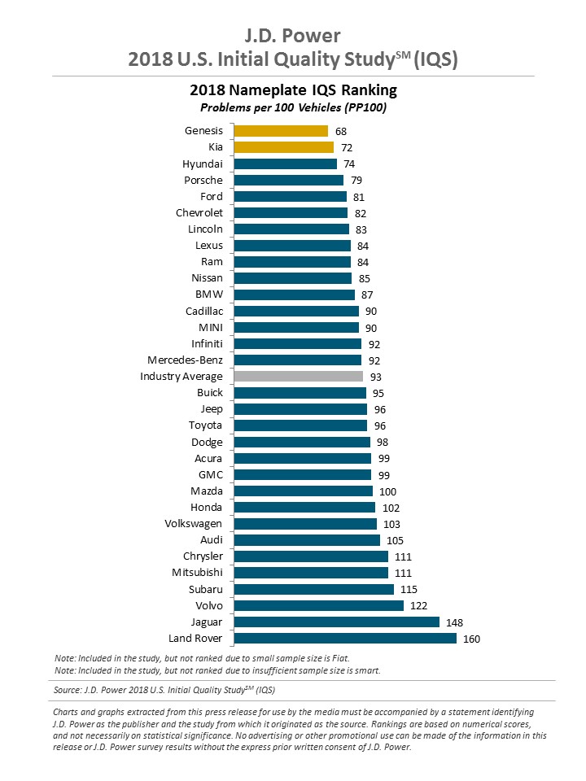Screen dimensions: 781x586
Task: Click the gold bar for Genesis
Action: point(281,131)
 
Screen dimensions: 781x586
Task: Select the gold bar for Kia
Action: point(284,147)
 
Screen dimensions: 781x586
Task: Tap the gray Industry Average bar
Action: point(299,377)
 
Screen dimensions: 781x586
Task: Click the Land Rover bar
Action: point(345,639)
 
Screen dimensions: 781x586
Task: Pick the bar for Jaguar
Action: point(336,622)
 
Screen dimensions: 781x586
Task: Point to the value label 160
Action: point(472,639)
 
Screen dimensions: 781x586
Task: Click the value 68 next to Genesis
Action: point(342,131)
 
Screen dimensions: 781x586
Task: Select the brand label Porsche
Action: point(203,180)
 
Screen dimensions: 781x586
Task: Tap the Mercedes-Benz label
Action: point(185,360)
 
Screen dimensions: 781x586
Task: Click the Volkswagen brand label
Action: point(193,524)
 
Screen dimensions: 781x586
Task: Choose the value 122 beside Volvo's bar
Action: point(419,606)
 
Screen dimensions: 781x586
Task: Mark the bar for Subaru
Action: point(314,590)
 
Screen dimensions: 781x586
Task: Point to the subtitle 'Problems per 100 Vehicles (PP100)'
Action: point(293,107)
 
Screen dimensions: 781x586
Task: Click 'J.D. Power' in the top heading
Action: point(293,36)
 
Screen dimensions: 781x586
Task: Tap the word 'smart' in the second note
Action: point(367,670)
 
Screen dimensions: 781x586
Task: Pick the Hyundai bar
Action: point(285,164)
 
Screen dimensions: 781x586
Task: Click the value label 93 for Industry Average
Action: point(376,377)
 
